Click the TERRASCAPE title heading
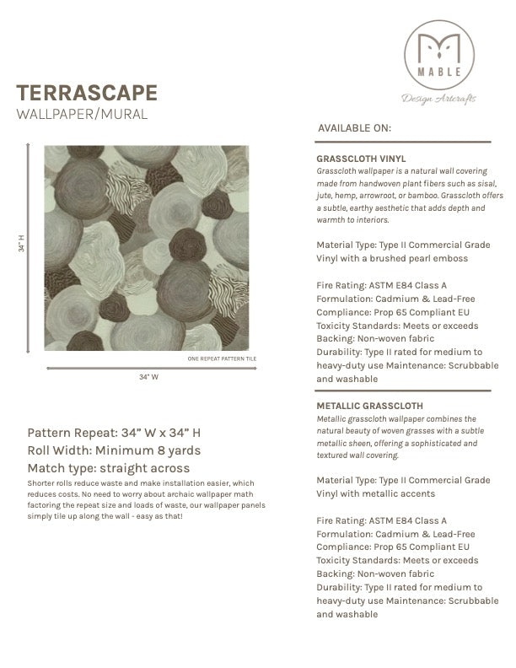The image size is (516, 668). click(86, 93)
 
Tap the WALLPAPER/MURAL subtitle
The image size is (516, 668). click(82, 114)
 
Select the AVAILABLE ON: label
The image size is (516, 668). click(354, 129)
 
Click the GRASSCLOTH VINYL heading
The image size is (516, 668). click(361, 158)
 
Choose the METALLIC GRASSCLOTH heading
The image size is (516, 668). click(370, 406)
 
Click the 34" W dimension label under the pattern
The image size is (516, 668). click(149, 377)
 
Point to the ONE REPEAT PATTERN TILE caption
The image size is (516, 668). click(221, 358)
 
